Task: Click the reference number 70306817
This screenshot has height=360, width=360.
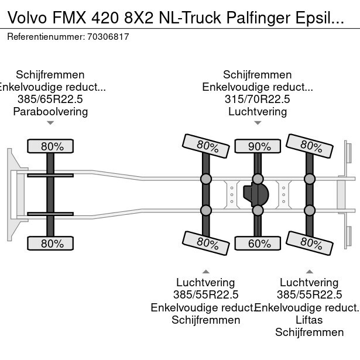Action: [x=108, y=36]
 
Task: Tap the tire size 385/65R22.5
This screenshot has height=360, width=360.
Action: [x=50, y=99]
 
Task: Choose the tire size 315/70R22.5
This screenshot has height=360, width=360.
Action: [x=258, y=99]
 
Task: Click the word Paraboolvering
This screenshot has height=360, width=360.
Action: [x=50, y=111]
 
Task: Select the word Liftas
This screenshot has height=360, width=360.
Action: [x=309, y=320]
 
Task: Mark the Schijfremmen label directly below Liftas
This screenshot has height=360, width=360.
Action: [x=309, y=332]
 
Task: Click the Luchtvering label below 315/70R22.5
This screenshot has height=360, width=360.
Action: [x=258, y=111]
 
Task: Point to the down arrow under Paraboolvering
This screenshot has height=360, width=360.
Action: [x=50, y=123]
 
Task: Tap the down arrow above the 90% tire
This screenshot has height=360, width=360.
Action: [x=258, y=123]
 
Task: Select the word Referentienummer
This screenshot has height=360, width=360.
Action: [x=44, y=36]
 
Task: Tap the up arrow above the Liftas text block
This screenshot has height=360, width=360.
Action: [x=309, y=271]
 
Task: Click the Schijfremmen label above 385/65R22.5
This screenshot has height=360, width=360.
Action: [x=50, y=74]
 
